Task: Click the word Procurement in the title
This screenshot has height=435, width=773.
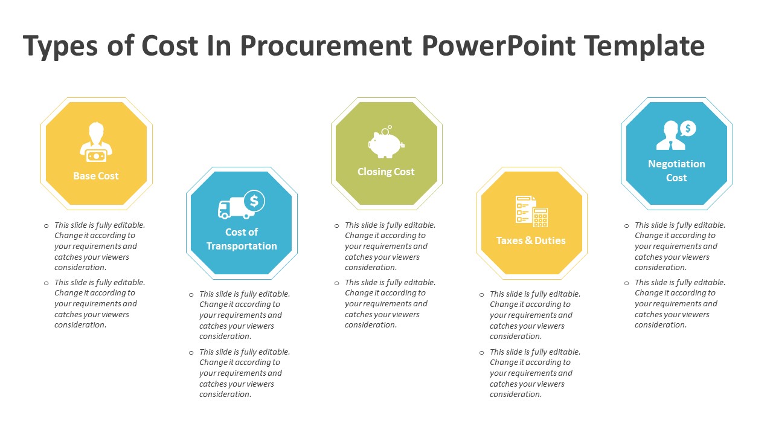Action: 326,45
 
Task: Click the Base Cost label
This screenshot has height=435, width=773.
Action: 96,176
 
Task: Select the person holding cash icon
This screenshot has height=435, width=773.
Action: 96,141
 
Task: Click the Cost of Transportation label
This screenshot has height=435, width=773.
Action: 242,239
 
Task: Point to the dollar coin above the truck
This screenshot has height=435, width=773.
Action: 254,201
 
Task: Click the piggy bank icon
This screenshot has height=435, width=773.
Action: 386,142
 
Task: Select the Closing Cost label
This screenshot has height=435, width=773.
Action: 386,172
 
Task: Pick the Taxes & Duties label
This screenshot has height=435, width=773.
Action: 531,240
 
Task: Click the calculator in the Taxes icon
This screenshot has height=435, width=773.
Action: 540,217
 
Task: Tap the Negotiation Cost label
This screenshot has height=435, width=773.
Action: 676,170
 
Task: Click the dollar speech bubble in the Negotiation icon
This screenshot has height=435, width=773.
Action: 688,129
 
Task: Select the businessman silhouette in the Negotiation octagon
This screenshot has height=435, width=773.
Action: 670,135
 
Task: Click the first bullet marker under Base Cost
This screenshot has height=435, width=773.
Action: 47,226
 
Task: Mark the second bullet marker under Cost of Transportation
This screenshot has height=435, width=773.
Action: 191,353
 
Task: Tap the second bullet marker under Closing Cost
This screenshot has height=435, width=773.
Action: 337,283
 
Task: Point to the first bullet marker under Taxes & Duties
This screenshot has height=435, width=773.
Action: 482,295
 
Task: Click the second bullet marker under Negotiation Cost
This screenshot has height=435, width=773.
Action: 627,283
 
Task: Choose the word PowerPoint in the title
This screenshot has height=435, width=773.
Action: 498,45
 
